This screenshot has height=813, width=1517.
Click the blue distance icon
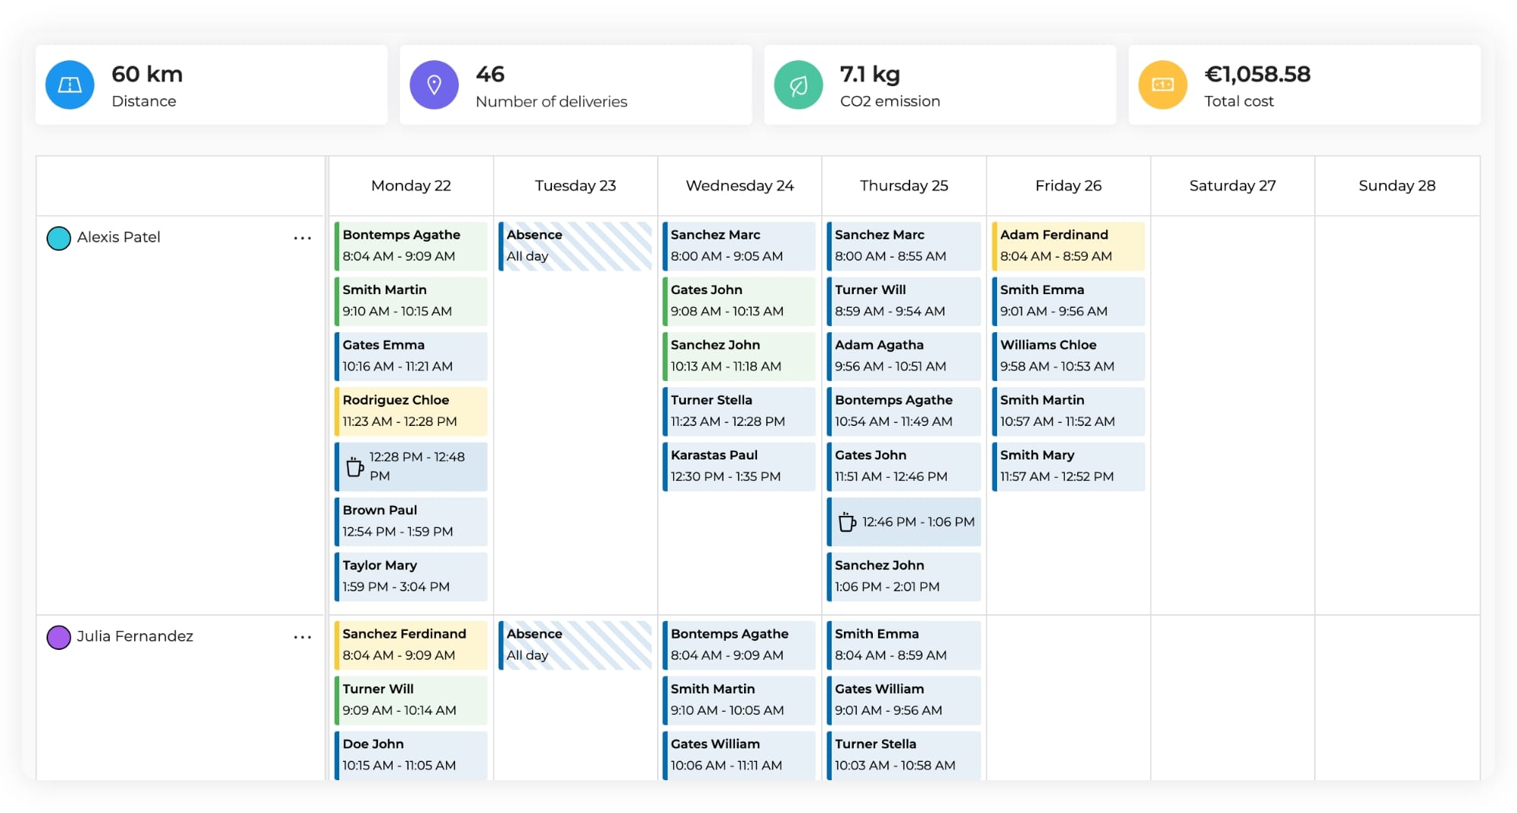(69, 85)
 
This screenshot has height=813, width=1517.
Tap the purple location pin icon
(434, 85)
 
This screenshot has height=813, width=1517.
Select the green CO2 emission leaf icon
(798, 85)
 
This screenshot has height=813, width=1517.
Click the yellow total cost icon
(1163, 85)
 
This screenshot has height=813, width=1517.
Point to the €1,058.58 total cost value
(1257, 74)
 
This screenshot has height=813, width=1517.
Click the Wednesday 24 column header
(739, 186)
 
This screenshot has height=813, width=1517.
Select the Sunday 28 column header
(1397, 186)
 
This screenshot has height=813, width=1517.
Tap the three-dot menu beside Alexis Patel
(303, 238)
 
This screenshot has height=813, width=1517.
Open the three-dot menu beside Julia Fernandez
(303, 637)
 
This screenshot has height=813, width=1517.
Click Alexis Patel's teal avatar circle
(59, 238)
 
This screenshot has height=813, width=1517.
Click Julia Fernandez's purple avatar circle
(59, 637)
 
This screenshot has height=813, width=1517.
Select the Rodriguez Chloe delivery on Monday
(411, 411)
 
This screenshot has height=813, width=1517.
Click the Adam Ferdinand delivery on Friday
(1068, 245)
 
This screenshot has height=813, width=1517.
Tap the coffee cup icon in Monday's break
(354, 466)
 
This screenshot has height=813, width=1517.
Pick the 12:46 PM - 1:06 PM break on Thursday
(904, 522)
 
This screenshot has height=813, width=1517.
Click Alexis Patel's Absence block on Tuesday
(576, 245)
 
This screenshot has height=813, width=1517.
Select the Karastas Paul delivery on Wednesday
(739, 466)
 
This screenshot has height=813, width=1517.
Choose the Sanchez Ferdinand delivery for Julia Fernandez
(411, 645)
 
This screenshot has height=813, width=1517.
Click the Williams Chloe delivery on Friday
(1068, 356)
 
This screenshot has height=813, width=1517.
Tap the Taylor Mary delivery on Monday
(411, 576)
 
